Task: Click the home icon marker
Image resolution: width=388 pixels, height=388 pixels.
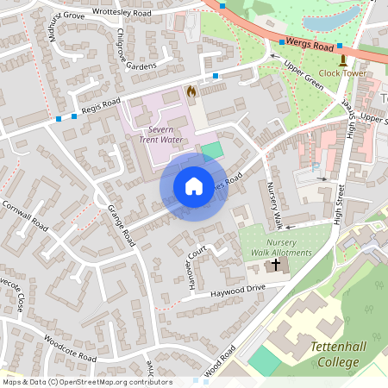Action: tap(194, 186)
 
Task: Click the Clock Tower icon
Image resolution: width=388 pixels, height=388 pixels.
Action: tap(344, 60)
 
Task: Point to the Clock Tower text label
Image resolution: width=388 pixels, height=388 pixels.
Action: tap(343, 74)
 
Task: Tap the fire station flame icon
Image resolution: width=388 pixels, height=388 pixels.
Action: tap(191, 90)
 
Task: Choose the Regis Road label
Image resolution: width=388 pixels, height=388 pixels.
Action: tap(99, 106)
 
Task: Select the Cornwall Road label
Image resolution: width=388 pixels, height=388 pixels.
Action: tap(26, 215)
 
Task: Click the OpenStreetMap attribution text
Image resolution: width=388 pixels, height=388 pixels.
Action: tap(86, 381)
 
